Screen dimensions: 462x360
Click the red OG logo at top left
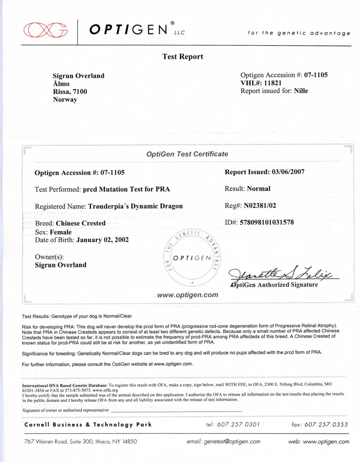point(45,30)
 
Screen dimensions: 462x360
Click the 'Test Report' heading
point(182,57)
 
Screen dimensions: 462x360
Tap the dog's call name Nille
point(301,91)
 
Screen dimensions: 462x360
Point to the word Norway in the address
point(65,99)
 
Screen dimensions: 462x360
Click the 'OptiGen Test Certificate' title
point(187,154)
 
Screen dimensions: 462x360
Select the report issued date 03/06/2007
point(288,172)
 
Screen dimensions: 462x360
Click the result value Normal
point(258,189)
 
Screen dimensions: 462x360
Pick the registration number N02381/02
point(260,206)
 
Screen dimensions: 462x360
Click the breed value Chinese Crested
point(81,223)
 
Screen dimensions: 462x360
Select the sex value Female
point(60,232)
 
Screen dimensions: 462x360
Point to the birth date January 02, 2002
point(102,240)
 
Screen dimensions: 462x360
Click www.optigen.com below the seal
point(187,295)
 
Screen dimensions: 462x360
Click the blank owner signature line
point(176,410)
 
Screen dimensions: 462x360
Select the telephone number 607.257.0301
point(238,424)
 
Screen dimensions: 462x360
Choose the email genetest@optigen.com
point(232,442)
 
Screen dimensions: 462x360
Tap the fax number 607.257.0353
point(326,424)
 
